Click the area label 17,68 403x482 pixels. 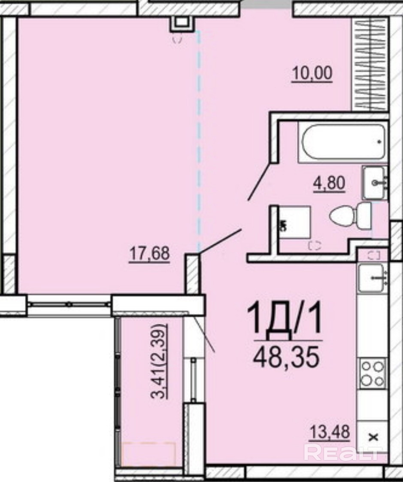(x=149, y=254)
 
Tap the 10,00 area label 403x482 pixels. (x=312, y=73)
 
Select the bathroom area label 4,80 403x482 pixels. (x=329, y=184)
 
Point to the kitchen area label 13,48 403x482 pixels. (x=330, y=431)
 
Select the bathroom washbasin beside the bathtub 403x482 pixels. (x=375, y=183)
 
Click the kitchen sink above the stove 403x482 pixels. (x=372, y=277)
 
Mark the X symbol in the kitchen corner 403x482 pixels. (x=373, y=437)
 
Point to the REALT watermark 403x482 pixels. (x=342, y=452)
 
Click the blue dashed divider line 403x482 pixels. (x=199, y=142)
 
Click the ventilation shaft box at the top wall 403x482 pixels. (x=183, y=24)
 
